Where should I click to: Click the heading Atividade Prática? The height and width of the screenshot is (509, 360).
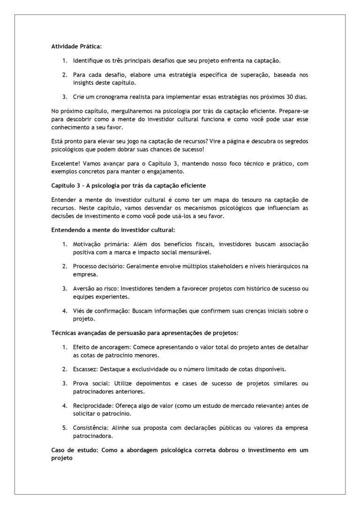76,46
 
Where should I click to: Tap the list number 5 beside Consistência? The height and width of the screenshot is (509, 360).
65,427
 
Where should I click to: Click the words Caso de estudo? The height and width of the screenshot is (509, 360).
73,450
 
